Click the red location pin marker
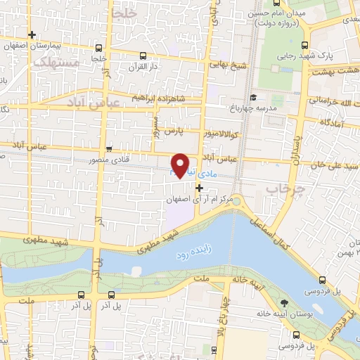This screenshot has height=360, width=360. click(181, 165)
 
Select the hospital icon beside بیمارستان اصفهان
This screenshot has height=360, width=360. click(31, 34)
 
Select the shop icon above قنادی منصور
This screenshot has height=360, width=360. click(109, 148)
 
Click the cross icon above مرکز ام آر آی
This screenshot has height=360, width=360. click(199, 188)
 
